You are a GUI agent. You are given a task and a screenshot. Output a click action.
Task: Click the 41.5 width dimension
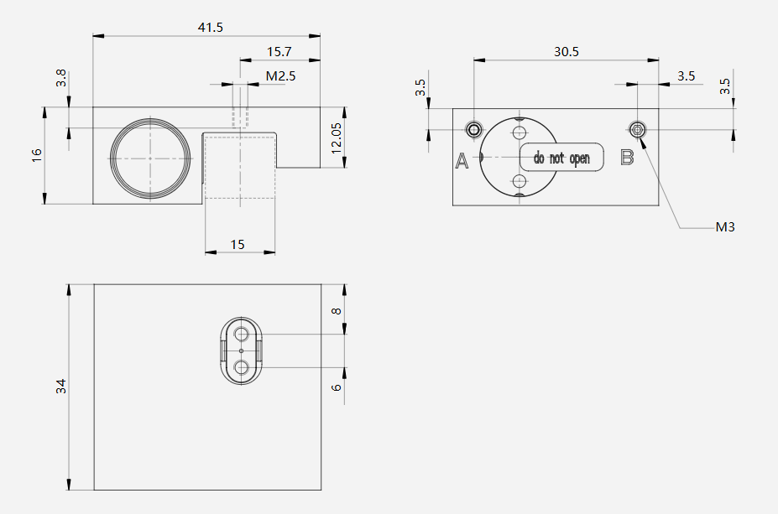(211, 28)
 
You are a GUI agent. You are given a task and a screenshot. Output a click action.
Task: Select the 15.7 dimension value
(279, 51)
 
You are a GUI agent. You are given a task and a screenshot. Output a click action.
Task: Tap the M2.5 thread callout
(280, 75)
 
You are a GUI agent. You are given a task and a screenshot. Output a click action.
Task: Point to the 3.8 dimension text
(61, 78)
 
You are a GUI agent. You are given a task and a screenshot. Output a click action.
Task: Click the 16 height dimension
(37, 155)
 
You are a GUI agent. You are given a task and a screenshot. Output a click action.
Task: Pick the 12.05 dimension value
(336, 138)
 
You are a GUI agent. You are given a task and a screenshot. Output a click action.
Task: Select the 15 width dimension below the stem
(238, 244)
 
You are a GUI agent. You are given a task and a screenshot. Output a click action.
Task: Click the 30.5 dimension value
(567, 51)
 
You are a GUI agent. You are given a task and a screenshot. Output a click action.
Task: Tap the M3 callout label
(725, 227)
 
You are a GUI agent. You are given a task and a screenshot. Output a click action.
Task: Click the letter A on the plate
(462, 161)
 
